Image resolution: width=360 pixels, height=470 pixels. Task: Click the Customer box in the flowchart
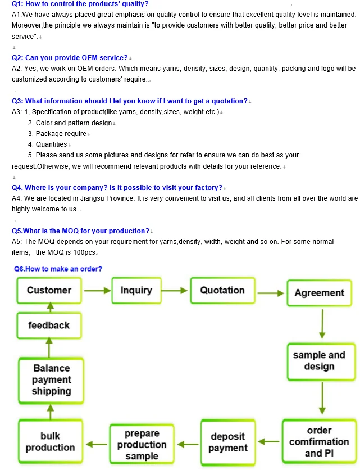pos(49,291)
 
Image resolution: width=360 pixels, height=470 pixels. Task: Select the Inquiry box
pos(136,291)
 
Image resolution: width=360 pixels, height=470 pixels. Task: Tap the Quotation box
pos(222,291)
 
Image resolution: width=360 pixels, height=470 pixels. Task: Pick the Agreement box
pos(319,293)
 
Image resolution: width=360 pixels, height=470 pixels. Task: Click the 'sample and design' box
pos(319,361)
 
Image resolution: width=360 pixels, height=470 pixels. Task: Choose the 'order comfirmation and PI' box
pos(319,442)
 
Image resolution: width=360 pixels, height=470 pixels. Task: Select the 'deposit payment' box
pos(227,442)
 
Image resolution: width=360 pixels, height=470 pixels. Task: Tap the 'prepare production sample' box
pos(142,445)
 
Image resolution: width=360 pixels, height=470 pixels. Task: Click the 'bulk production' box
pos(50,442)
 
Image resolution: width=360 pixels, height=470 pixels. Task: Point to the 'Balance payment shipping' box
pos(51,380)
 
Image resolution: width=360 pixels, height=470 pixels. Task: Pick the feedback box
pos(49,326)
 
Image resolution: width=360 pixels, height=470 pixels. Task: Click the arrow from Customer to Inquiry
pos(98,291)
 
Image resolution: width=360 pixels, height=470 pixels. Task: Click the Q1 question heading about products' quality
pos(80,4)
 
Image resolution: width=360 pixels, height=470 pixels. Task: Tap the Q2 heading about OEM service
pos(70,58)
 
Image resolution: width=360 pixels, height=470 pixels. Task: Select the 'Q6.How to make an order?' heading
pos(58,269)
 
